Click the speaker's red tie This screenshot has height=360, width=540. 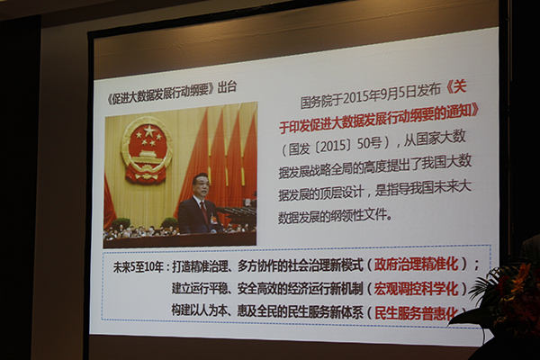coord(204,210)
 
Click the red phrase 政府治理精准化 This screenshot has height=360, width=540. coord(416,264)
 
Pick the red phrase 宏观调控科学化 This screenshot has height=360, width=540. coord(416,289)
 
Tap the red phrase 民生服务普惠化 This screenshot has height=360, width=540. coord(417,313)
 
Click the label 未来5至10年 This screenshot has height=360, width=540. coord(139,267)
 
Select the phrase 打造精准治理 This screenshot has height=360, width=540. coord(198,266)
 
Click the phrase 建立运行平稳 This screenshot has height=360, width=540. coord(198,289)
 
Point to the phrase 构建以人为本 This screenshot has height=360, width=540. coord(198,311)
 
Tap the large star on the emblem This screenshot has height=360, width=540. coord(149,130)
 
